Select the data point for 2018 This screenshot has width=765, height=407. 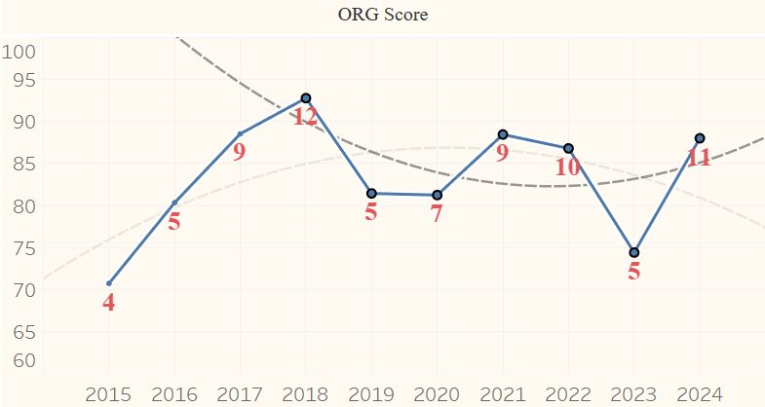306,98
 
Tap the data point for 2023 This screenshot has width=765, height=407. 633,252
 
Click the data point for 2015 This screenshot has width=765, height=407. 108,283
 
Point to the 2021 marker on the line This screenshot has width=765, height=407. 503,134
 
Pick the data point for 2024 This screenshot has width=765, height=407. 700,138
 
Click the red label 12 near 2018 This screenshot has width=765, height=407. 305,118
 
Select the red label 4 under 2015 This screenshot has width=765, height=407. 108,303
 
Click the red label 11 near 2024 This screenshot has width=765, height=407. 699,157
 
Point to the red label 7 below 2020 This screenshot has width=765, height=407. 437,214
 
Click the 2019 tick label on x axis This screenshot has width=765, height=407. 371,394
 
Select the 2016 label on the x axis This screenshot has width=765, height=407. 174,394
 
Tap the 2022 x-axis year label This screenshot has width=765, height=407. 568,394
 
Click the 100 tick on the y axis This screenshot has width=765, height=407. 19,52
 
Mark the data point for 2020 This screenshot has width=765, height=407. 437,195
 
